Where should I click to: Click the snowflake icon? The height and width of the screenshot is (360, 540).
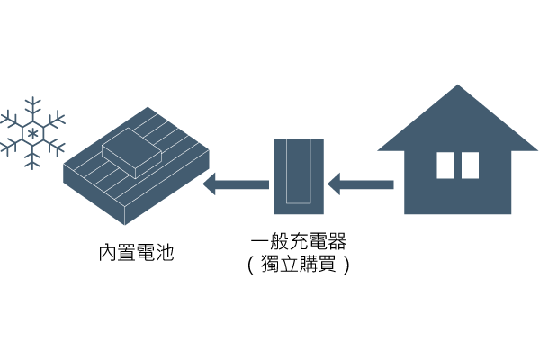33,133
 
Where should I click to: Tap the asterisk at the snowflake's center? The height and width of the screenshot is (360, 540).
33,133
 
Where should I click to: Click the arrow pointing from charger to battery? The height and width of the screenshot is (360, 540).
236,185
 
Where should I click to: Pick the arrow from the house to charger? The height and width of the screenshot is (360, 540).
360,185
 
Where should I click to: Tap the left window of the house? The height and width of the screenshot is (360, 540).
445,165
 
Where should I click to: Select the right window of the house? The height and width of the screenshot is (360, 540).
470,165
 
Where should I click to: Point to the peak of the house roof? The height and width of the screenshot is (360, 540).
458,87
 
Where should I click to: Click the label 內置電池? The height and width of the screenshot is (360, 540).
136,253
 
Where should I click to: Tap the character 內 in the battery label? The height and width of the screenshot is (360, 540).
107,253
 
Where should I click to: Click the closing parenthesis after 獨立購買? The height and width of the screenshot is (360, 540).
344,266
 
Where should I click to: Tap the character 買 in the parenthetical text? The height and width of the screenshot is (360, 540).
327,266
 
